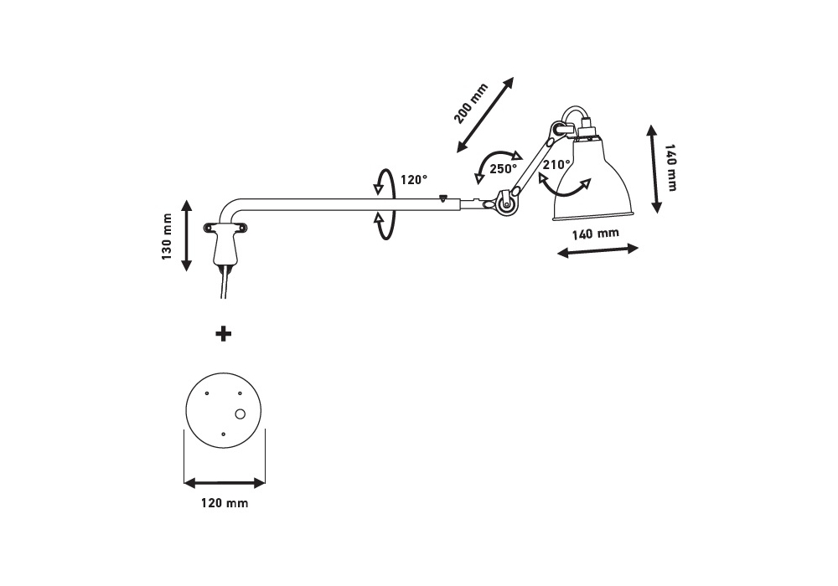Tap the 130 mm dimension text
167,237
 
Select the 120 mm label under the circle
225,504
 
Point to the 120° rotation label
413,179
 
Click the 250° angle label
504,167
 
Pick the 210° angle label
556,165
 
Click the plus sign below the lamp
224,334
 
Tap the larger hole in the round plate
241,414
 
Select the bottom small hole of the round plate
223,434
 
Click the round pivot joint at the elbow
505,202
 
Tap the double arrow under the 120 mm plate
225,483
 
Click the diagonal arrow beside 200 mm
486,114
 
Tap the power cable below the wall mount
223,285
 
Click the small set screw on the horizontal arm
443,198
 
